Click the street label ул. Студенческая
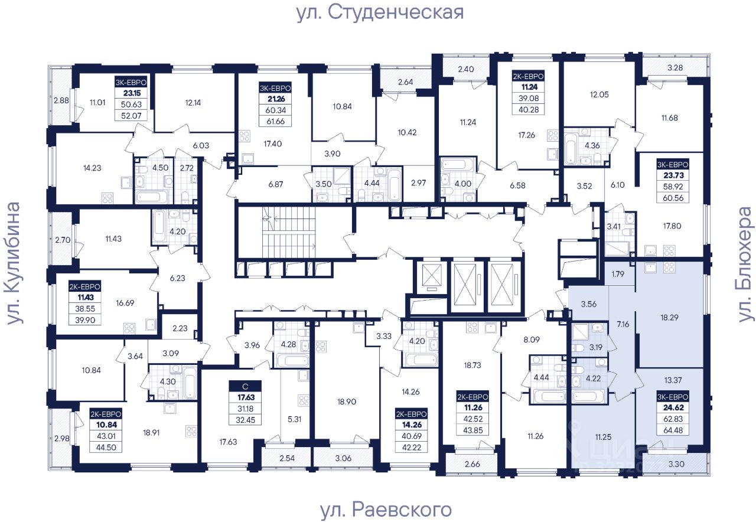click(380, 12)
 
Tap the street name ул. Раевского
click(386, 509)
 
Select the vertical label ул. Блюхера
click(746, 264)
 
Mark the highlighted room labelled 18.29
click(669, 317)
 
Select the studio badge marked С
click(246, 387)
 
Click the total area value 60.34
click(275, 110)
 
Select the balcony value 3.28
click(674, 67)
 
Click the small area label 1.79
click(618, 273)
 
